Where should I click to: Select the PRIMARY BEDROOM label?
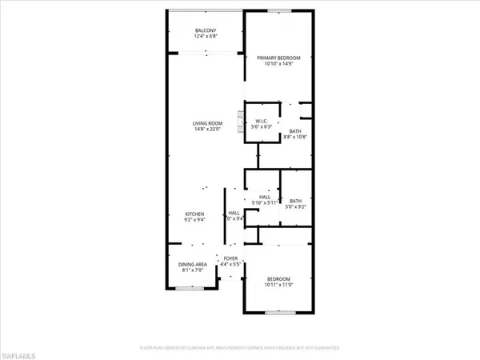coord(278,58)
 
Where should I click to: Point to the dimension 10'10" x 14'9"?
coord(278,64)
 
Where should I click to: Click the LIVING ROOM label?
coord(206,122)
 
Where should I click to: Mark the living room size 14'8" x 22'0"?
coord(206,129)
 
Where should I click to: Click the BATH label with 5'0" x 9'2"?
coord(295,201)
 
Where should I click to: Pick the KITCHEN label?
coord(195,214)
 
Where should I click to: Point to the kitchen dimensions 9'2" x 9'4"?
coord(195,220)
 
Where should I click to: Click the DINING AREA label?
coord(190,263)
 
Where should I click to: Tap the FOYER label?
coord(230,258)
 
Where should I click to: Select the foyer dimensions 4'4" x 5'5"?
coord(230,264)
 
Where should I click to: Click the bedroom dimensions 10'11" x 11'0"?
coord(278,284)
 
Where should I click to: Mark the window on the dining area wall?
coord(190,290)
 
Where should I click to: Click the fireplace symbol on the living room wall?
coord(239,122)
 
